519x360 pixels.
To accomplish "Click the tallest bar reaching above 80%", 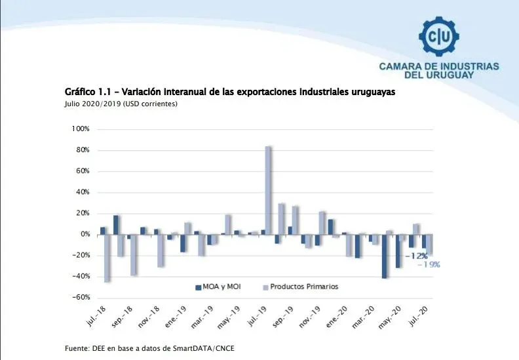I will (269, 190).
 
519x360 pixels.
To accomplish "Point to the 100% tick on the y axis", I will (80, 129).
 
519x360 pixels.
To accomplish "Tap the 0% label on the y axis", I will (84, 234).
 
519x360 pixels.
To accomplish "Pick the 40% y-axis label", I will (82, 192).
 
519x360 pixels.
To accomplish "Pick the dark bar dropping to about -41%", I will (385, 256).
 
